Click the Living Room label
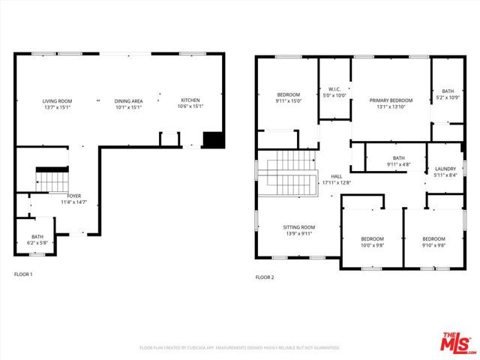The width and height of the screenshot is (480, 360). click(x=56, y=100)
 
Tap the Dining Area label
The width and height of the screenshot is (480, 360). click(x=128, y=100)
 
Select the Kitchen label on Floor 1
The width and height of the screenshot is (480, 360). click(x=190, y=100)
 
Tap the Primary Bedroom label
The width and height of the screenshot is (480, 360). click(x=391, y=100)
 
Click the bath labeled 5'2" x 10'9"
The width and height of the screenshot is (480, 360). click(x=448, y=94)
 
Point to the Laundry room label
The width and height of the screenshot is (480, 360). click(x=445, y=172)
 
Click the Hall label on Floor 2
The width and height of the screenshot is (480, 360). click(x=336, y=178)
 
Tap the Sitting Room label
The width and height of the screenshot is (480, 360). click(x=298, y=229)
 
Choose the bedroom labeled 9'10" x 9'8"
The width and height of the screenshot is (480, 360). click(x=433, y=241)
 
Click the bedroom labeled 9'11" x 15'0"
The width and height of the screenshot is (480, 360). click(x=288, y=97)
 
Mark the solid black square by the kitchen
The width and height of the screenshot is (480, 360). click(x=214, y=140)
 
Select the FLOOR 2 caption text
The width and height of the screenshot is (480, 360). click(x=265, y=277)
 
